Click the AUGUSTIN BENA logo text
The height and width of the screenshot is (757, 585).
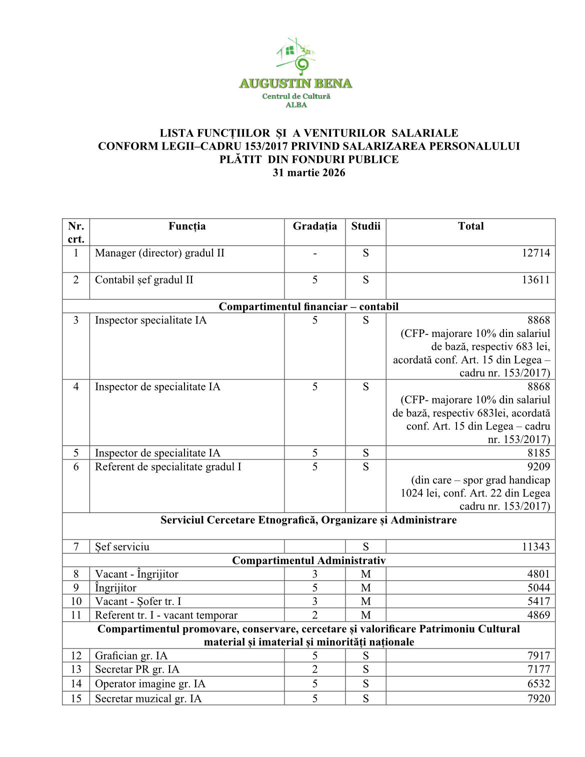coord(295,83)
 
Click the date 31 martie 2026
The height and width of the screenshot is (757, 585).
coord(308,172)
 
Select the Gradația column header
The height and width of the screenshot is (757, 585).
coord(314,226)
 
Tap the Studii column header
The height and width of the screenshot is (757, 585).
coord(365,226)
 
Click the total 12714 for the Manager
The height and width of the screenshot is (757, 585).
coord(535,253)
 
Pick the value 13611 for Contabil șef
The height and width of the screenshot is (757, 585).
coord(535,280)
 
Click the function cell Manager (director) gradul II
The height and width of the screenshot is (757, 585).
coord(159,253)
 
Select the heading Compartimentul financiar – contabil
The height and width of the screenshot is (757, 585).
coord(308,306)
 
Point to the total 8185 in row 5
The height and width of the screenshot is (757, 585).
coord(538,453)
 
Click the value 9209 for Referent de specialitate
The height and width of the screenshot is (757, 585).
coord(538,466)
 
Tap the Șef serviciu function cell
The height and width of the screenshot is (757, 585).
coord(122,546)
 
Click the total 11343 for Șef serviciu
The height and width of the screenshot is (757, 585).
coord(535,546)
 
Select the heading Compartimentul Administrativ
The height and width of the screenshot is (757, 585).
coord(308,560)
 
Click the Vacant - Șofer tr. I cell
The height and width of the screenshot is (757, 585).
coord(138,601)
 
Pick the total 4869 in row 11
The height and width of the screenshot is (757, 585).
coord(538,615)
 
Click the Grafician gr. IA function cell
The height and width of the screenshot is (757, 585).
coord(131,655)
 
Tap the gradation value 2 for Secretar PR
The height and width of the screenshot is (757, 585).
coord(314,669)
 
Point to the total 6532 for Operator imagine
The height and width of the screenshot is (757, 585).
coord(538,683)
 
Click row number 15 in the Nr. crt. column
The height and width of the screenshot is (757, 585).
coord(76,698)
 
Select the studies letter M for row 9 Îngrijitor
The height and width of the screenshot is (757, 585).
coord(365,588)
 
